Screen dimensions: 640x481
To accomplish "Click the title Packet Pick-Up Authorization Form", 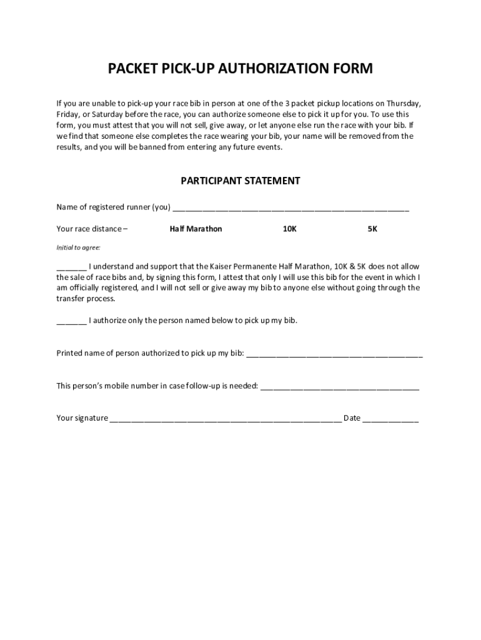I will click(x=241, y=69).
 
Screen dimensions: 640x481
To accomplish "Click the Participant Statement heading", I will click(x=241, y=181).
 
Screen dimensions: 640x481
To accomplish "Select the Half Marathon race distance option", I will click(x=196, y=229).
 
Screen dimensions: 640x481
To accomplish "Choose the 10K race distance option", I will click(x=289, y=229).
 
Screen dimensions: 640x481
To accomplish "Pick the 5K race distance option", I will click(x=372, y=229).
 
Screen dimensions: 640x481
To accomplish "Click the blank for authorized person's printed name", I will click(x=334, y=354).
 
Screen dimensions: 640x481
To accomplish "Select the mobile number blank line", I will click(x=339, y=387).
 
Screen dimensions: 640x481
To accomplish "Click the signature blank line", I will click(x=226, y=419).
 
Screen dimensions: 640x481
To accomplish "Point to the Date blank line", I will click(x=390, y=419).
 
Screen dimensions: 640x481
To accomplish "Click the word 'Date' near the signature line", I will click(x=352, y=418).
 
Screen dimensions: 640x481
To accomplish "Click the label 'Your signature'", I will click(x=82, y=418).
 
